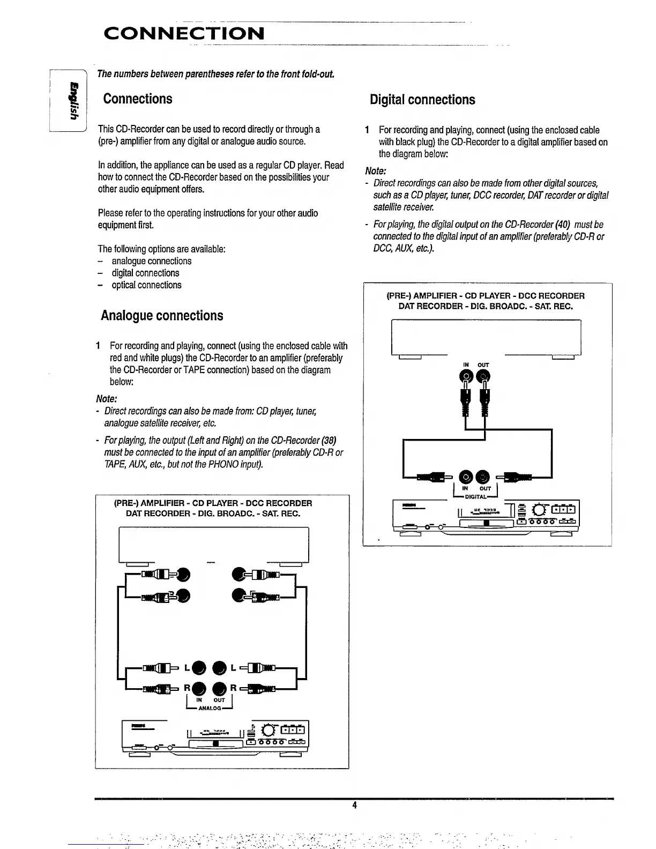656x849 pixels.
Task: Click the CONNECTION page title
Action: (184, 33)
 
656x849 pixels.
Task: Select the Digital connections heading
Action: (422, 100)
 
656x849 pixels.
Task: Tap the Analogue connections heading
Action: (162, 315)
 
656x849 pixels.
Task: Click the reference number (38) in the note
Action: (328, 441)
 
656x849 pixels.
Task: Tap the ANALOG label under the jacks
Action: (210, 709)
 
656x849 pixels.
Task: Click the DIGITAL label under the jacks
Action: (475, 497)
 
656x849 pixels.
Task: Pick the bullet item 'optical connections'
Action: (146, 285)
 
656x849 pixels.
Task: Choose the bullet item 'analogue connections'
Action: (151, 261)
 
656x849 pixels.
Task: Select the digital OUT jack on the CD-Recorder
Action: (483, 475)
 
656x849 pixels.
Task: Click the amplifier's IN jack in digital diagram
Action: (466, 378)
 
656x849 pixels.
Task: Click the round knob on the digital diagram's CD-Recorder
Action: (535, 509)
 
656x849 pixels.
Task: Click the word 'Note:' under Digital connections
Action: (376, 171)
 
